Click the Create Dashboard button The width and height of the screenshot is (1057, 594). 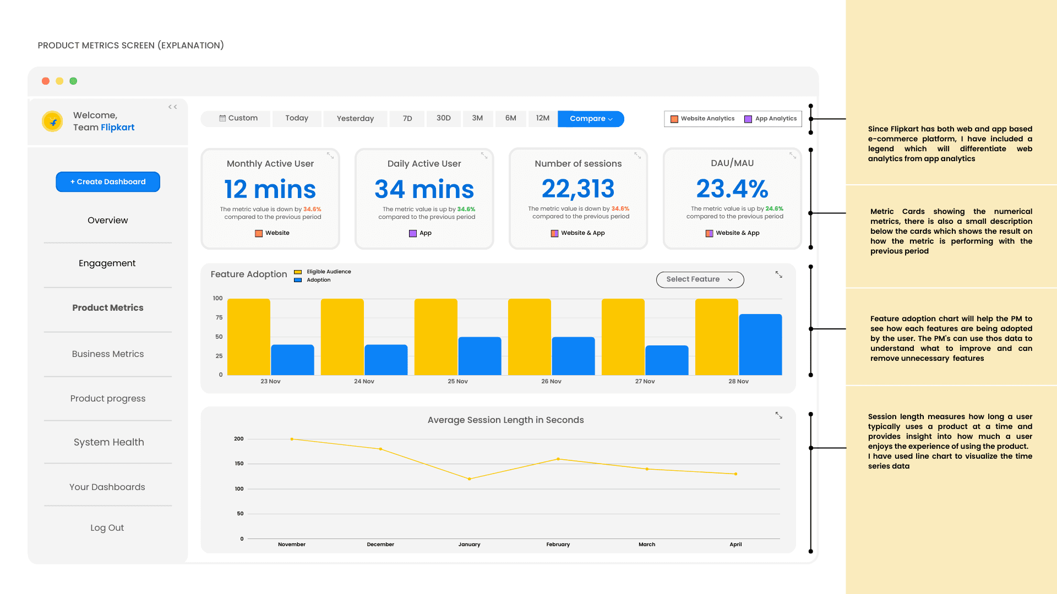click(x=108, y=182)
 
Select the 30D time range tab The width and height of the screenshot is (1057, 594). click(x=444, y=118)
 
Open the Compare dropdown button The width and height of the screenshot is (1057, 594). click(x=591, y=119)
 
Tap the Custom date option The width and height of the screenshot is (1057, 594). click(x=238, y=118)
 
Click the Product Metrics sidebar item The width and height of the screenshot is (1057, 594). click(x=108, y=308)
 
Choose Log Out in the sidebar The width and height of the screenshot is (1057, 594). click(x=107, y=528)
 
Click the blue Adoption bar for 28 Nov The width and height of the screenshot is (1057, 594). click(x=760, y=344)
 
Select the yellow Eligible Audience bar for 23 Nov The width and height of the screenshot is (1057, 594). click(x=249, y=337)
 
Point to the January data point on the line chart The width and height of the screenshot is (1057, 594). click(x=470, y=479)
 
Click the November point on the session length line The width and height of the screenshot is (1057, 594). click(x=292, y=439)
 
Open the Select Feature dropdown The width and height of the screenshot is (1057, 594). click(x=700, y=279)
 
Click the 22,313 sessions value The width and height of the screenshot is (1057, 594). click(x=578, y=189)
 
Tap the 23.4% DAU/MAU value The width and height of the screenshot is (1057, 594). click(x=732, y=189)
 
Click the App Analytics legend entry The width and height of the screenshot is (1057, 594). click(x=771, y=119)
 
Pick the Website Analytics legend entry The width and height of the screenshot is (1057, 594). click(x=702, y=119)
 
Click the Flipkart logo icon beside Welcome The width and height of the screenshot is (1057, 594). click(x=53, y=122)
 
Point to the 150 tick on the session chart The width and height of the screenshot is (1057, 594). click(x=239, y=464)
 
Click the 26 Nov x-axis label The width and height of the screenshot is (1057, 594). click(x=551, y=382)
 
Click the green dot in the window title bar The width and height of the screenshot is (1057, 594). click(x=73, y=81)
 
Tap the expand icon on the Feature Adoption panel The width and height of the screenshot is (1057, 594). click(x=779, y=274)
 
